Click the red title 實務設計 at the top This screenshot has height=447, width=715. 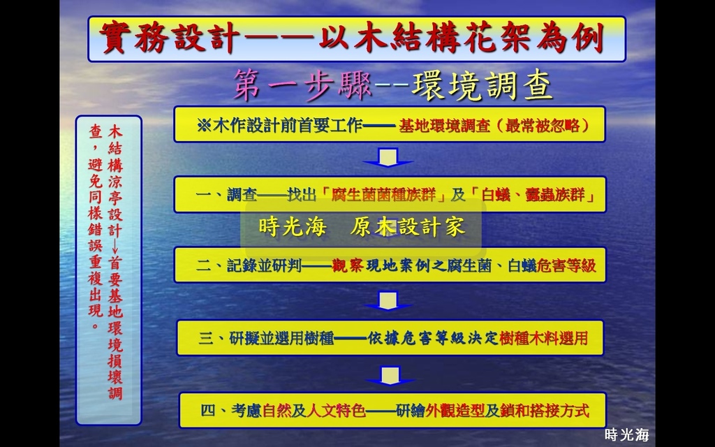[168, 38]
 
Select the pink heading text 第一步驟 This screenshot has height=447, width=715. [302, 86]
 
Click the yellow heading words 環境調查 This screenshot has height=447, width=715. [481, 86]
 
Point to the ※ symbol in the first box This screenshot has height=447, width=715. [204, 126]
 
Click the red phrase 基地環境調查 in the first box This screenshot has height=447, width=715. [444, 126]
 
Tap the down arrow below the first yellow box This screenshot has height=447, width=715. [388, 157]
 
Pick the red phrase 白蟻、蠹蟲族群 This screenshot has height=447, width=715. [533, 196]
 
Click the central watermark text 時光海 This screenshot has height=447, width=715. [293, 227]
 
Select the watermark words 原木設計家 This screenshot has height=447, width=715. [408, 227]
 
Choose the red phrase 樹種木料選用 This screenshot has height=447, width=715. [543, 339]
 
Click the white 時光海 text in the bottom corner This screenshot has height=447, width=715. [626, 434]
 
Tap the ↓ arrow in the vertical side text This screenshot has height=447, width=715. [115, 246]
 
